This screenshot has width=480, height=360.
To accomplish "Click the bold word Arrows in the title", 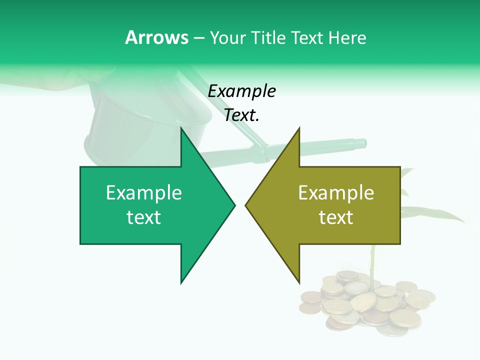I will click(156, 37).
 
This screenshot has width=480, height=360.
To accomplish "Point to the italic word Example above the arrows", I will click(242, 91).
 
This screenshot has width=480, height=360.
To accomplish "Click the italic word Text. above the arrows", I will click(242, 115).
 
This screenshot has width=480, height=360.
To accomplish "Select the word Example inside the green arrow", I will click(144, 193).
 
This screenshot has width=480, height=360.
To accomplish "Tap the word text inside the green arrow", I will click(144, 217).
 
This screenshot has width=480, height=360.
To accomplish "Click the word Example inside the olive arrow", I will click(336, 193).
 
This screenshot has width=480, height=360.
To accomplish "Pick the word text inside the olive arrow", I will click(336, 217).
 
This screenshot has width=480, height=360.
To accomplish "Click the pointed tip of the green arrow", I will click(234, 205).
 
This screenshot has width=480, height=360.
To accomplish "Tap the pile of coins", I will click(367, 302).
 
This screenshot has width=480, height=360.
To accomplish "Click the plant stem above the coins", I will click(372, 260).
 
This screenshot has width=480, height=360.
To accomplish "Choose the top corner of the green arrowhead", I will click(181, 128).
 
